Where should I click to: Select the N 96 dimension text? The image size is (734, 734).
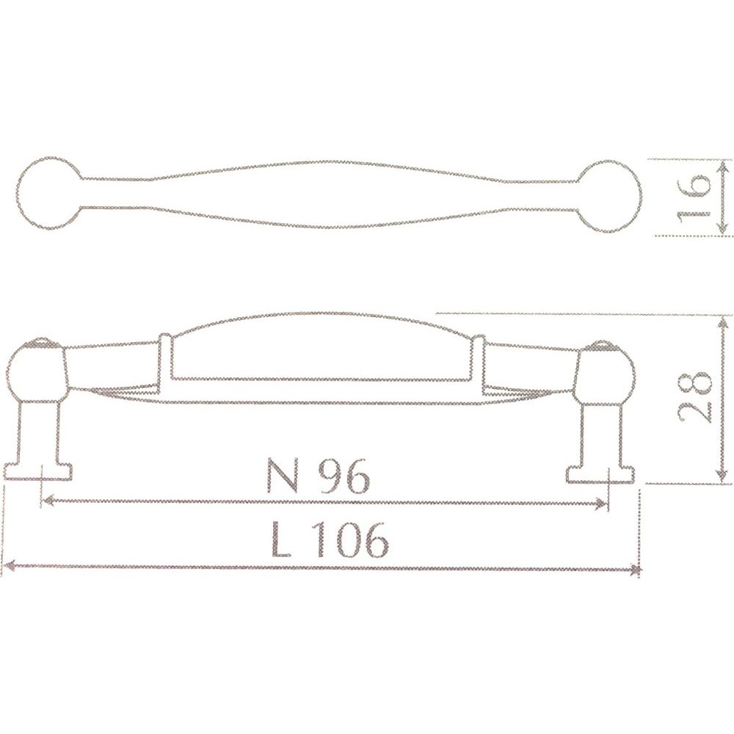tap(319, 475)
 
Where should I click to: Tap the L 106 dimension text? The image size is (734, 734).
tap(330, 539)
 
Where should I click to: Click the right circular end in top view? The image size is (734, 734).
tap(640, 197)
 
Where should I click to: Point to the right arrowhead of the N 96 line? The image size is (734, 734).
tap(602, 504)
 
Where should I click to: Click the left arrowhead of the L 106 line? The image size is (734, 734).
tap(8, 566)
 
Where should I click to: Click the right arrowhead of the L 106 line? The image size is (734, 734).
tap(635, 570)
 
